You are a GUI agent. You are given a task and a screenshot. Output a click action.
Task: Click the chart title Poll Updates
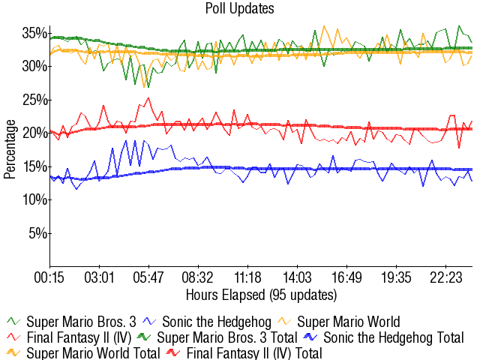point(239,9)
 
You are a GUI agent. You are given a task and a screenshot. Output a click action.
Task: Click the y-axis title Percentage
point(10,149)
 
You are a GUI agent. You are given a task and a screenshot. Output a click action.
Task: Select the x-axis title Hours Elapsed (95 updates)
point(261,293)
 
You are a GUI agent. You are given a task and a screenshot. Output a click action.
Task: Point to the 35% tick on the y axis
point(34,33)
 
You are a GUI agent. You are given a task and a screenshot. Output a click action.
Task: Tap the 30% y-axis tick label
point(34,66)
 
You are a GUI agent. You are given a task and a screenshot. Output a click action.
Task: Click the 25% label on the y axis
point(34,100)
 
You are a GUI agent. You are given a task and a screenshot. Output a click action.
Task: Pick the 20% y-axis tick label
point(34,133)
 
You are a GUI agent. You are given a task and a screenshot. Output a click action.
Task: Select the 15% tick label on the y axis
point(34,166)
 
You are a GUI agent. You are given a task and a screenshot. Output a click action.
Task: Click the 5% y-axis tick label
point(37,233)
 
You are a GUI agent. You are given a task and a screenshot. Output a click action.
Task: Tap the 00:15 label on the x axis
point(50,277)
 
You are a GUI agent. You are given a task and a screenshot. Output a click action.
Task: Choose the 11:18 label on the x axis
point(247,277)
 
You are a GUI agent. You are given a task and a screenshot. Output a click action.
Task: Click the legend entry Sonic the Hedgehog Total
point(393,337)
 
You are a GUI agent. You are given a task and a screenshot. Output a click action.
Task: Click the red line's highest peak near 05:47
point(148,97)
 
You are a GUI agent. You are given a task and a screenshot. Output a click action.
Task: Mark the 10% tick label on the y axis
point(34,199)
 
